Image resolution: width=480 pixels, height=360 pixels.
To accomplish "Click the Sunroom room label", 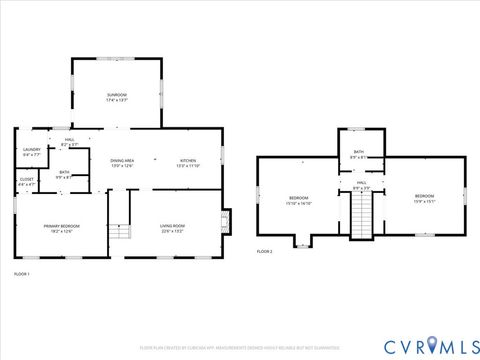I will [117, 97].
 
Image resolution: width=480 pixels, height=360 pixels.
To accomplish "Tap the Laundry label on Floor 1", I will [31, 152].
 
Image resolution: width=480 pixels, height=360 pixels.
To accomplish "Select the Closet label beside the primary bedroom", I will [27, 182].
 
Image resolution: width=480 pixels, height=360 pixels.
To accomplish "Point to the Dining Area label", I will [122, 162].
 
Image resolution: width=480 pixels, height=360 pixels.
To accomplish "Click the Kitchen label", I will [189, 162].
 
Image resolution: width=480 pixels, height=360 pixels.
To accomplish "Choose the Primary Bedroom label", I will [61, 228].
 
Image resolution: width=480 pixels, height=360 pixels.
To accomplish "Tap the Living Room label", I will [173, 228].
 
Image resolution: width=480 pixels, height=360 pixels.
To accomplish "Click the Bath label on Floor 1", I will [64, 174].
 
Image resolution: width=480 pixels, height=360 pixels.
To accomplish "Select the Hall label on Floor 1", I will [70, 143].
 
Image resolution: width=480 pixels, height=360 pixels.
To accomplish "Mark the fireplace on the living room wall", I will [225, 219].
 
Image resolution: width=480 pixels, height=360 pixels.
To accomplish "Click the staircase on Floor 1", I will [120, 229].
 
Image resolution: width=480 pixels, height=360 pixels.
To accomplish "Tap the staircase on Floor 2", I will [360, 212].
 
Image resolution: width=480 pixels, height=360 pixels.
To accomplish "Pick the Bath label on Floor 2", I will [359, 154].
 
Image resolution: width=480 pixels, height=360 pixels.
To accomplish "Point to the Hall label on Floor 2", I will [361, 185].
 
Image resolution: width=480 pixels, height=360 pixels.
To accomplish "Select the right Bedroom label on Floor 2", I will [424, 197].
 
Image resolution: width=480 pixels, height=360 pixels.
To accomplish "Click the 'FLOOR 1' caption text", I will [22, 274].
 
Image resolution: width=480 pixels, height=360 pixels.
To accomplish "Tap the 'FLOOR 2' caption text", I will [264, 251].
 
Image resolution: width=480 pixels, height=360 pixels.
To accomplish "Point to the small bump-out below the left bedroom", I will [301, 241].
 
